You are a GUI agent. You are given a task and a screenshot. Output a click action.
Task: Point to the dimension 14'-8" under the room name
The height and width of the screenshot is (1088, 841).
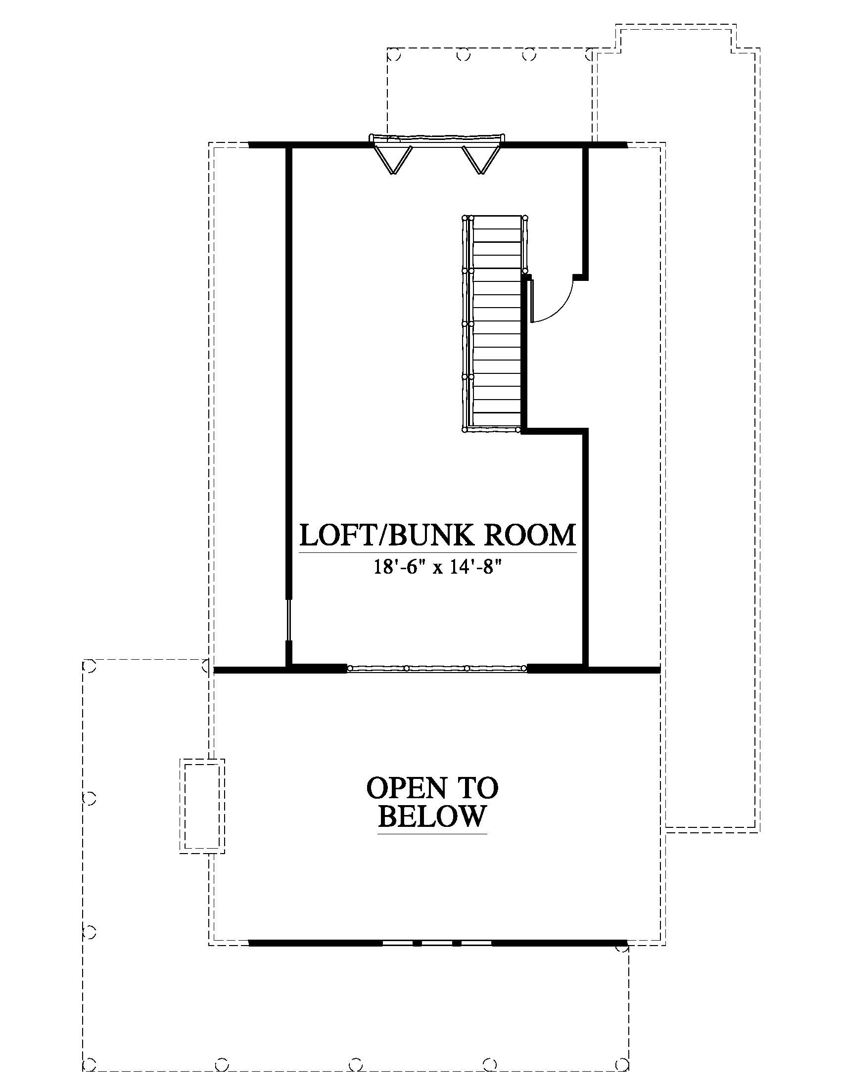point(475,568)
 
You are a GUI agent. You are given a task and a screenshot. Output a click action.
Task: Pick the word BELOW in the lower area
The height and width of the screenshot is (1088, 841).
point(432,816)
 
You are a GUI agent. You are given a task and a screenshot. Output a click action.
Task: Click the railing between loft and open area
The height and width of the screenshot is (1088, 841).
point(437,668)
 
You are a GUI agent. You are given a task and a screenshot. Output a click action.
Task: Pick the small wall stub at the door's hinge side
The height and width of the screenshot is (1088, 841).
point(580,277)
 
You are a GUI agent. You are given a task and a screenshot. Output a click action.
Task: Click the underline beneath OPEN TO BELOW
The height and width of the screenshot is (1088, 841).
point(432,833)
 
